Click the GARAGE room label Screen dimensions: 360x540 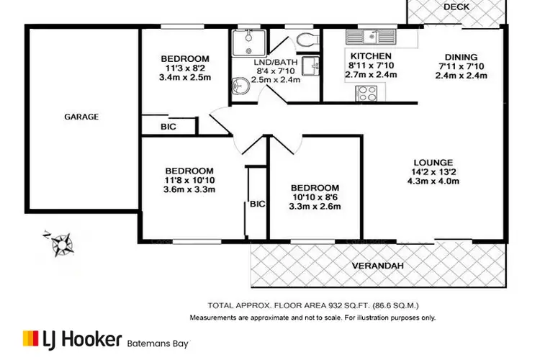click(81, 116)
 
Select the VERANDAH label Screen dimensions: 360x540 click(377, 266)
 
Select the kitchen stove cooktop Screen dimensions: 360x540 click(368, 92)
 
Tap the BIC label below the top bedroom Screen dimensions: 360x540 click(168, 127)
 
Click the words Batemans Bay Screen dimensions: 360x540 click(160, 343)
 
